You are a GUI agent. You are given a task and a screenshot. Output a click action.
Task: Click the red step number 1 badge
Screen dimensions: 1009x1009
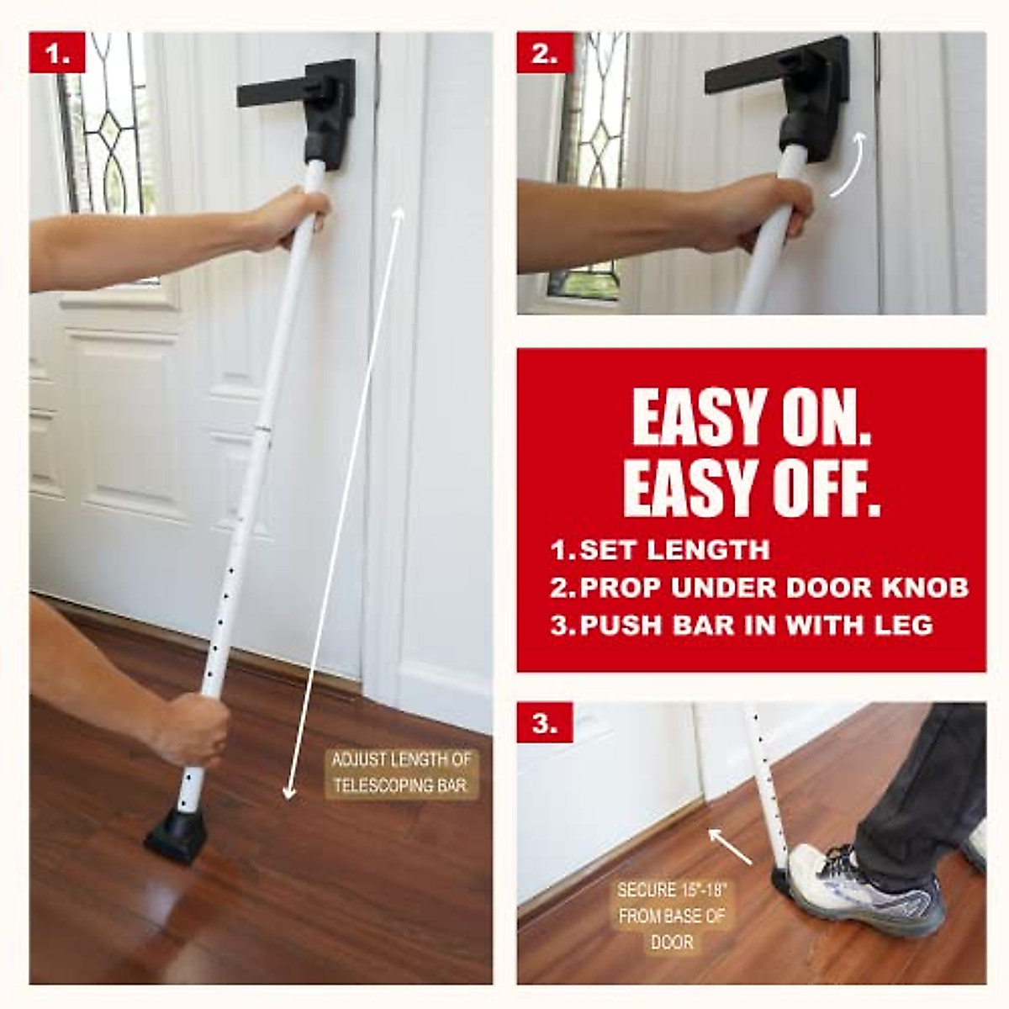pyautogui.click(x=57, y=53)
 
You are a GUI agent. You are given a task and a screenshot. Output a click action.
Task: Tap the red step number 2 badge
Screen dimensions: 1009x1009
pyautogui.click(x=545, y=53)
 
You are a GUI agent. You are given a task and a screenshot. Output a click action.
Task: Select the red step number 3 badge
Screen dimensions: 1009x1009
pyautogui.click(x=545, y=722)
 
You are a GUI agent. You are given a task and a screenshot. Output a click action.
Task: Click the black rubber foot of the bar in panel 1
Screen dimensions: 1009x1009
pyautogui.click(x=178, y=832)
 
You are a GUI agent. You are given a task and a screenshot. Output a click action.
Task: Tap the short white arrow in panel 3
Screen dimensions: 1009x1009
pyautogui.click(x=730, y=846)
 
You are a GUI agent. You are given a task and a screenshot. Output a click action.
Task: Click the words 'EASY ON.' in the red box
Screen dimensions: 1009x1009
pyautogui.click(x=751, y=418)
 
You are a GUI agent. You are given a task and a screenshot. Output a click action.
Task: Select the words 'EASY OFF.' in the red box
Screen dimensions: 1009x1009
pyautogui.click(x=751, y=489)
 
